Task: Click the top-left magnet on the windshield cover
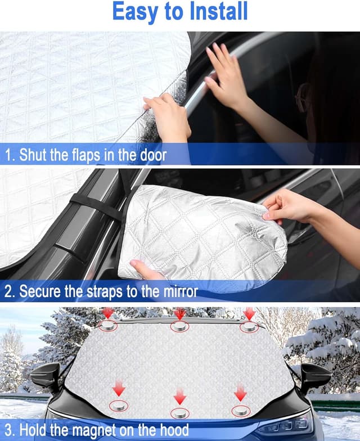[x=108, y=326]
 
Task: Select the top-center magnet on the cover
[x=179, y=327]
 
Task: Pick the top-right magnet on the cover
[x=249, y=326]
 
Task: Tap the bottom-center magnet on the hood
[x=179, y=412]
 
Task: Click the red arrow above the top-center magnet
[x=179, y=313]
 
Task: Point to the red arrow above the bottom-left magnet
[x=119, y=388]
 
